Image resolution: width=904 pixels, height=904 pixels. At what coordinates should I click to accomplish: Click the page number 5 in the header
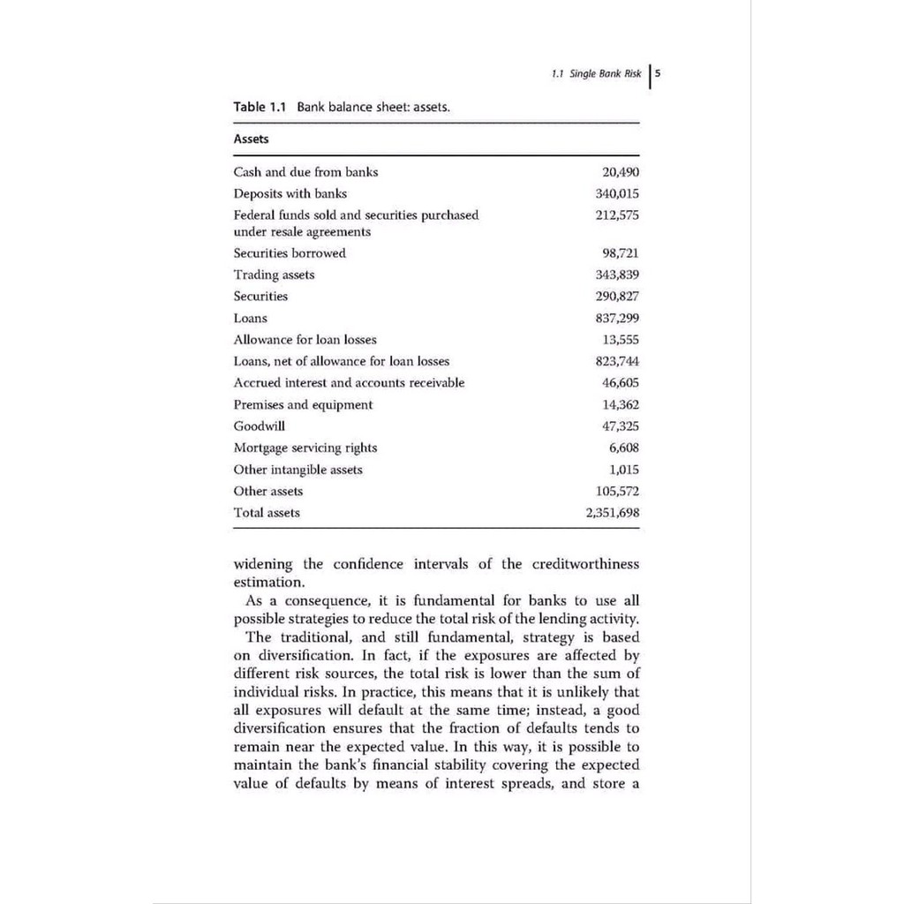point(659,74)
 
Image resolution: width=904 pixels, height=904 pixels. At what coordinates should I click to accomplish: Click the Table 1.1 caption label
point(260,107)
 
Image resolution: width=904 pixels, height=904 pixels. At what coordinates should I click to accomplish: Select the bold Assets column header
point(251,139)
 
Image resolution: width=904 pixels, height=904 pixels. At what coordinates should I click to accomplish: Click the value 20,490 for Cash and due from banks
point(620,172)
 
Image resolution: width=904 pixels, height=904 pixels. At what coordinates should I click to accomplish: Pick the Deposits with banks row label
point(290,193)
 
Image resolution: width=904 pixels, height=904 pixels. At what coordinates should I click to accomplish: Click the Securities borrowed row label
point(290,253)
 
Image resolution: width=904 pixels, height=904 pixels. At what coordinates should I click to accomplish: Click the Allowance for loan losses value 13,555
point(620,339)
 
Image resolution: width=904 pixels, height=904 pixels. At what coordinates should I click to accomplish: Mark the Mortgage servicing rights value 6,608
point(623,448)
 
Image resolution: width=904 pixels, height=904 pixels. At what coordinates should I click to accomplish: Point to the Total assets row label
point(267,512)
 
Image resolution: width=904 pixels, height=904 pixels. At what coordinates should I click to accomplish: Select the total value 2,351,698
point(612,512)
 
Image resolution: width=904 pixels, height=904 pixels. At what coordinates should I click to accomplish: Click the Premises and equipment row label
point(303,404)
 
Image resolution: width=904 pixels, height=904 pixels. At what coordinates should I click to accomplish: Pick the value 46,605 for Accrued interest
point(620,382)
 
